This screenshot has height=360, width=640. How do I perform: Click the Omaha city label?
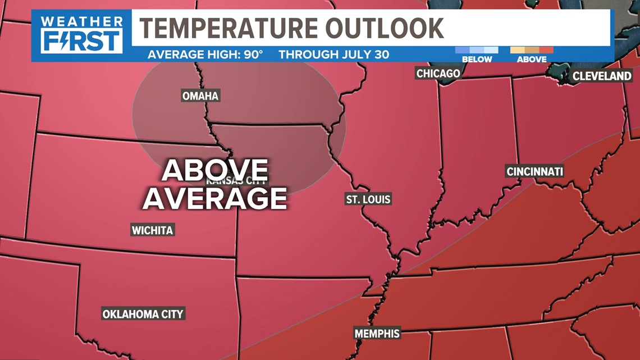click(200, 96)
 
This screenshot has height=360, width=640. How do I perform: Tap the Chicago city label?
click(438, 74)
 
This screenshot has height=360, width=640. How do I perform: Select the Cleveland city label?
click(602, 76)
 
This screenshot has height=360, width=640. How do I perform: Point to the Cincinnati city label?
click(534, 171)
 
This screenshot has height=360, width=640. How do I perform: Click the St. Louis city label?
click(368, 199)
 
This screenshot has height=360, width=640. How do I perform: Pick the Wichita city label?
click(152, 230)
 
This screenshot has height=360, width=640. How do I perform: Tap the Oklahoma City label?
click(143, 314)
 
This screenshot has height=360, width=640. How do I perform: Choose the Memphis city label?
click(377, 333)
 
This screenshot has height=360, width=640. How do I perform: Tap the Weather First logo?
click(82, 35)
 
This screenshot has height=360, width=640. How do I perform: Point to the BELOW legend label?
click(477, 59)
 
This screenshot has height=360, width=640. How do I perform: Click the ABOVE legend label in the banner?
click(532, 59)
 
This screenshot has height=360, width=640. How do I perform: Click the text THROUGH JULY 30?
click(334, 55)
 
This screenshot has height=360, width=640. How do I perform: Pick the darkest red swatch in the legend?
click(546, 50)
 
